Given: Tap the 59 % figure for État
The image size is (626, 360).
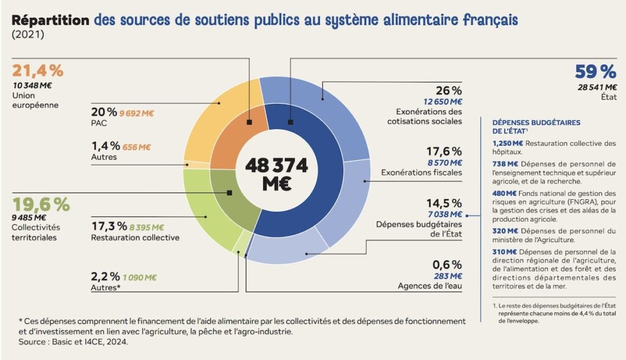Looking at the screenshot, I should coord(595,72).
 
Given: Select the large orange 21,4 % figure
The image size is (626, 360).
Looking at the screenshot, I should coord(37,71).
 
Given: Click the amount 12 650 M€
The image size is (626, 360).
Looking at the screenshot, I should coord(441,101).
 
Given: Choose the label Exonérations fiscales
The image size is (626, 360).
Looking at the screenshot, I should coord(421,172).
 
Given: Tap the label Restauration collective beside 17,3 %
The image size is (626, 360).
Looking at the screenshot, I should coord(135,237).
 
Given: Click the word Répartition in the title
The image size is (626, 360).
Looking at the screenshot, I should coord(51,20).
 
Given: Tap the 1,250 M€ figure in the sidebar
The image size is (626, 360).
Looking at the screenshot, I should coord(506,144).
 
